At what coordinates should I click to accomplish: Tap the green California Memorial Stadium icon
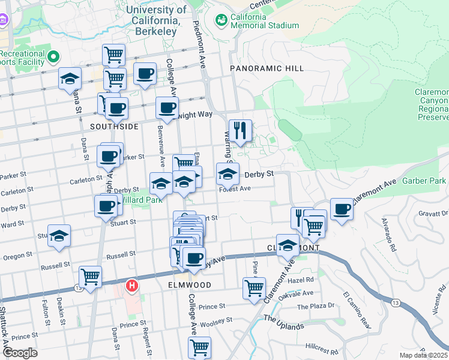tap(221, 20)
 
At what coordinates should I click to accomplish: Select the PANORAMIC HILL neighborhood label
tap(267, 69)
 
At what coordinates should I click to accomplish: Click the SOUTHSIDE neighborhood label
tap(114, 127)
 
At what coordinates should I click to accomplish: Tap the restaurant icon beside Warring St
tap(240, 131)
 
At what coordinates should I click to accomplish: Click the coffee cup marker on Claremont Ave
tap(342, 209)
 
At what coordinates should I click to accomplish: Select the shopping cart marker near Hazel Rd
tap(254, 287)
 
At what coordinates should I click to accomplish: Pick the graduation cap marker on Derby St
tap(228, 174)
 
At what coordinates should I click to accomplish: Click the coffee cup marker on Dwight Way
tap(167, 108)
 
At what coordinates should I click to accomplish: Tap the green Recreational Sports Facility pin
tap(53, 58)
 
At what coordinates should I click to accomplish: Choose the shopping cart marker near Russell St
tap(90, 277)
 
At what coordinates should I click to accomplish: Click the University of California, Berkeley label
tap(157, 20)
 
